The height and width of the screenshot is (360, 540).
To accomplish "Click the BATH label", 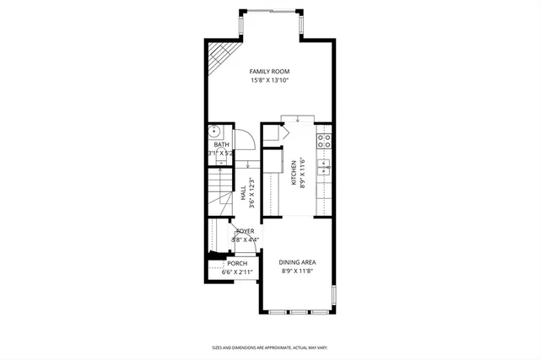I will click(220, 145).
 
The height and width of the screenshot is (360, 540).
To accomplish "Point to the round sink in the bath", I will click(215, 132).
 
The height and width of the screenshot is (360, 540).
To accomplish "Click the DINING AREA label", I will click(298, 262).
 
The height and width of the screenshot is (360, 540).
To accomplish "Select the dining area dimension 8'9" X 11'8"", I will click(297, 271).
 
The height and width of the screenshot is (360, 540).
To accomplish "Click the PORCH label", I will click(237, 264).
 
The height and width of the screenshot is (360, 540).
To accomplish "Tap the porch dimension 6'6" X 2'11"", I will click(237, 272).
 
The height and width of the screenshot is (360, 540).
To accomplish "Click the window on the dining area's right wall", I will click(334, 298).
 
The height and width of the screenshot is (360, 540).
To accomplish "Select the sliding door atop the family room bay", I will click(269, 10).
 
